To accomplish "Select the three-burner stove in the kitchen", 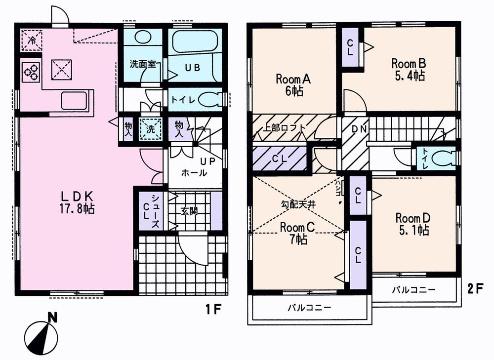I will click(30, 73).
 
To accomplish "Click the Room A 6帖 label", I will click(292, 84).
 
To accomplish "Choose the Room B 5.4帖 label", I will click(409, 70).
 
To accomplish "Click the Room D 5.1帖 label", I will click(412, 224).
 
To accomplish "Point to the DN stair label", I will click(359, 129).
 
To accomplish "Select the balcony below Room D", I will click(414, 290).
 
